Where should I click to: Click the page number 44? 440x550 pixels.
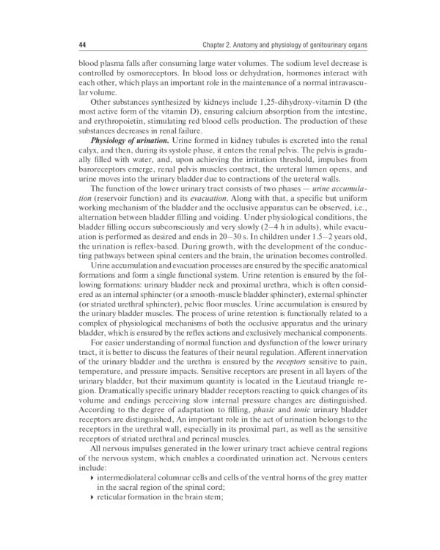pos(81,46)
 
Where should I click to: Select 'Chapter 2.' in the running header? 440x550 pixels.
pos(219,46)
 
